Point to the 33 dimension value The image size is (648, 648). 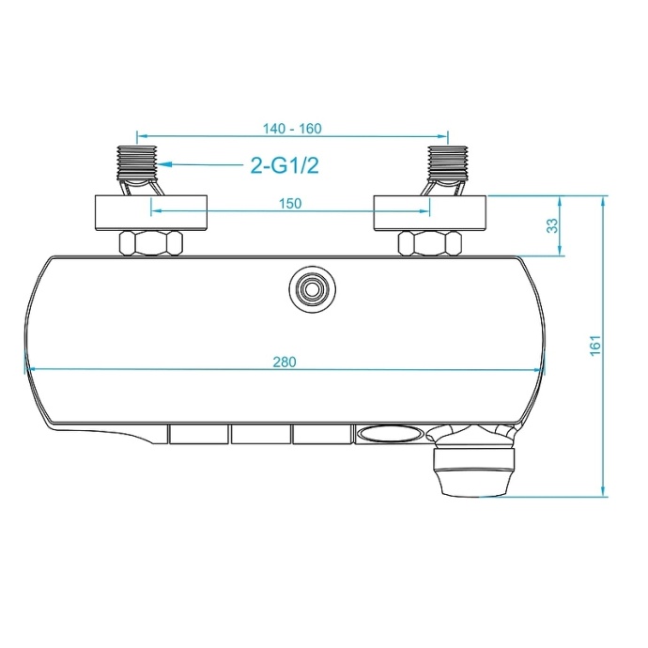point(552,225)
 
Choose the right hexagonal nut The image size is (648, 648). point(431,243)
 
